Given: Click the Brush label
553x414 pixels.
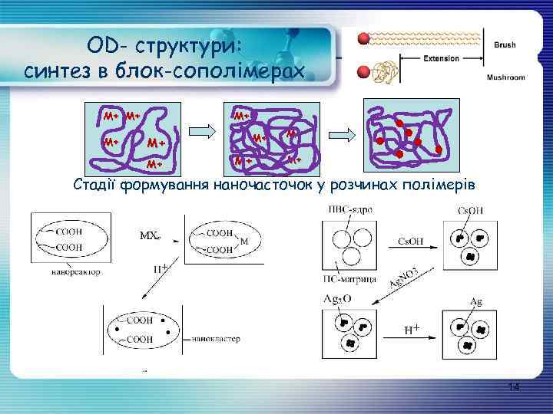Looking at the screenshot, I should [x=505, y=45].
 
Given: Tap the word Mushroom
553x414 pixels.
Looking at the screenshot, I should [x=506, y=77].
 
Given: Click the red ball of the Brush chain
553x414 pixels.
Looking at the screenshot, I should [x=364, y=38].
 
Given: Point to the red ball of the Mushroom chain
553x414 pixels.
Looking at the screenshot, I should [x=364, y=73].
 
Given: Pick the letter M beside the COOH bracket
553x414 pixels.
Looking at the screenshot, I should [x=244, y=241].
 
